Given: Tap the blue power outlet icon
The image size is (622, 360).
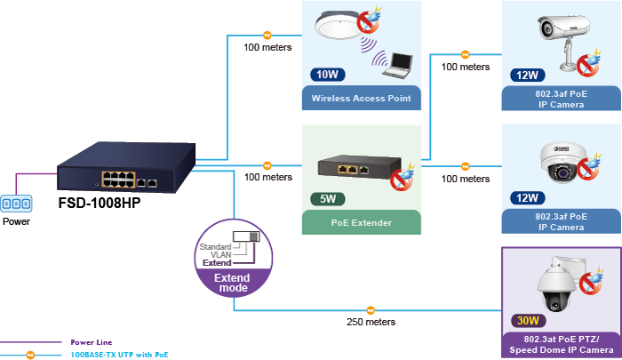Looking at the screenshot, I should click(x=15, y=204).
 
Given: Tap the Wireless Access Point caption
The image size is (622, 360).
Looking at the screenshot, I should click(x=361, y=99).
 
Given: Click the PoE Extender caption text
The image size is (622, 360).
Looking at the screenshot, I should click(x=360, y=221).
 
